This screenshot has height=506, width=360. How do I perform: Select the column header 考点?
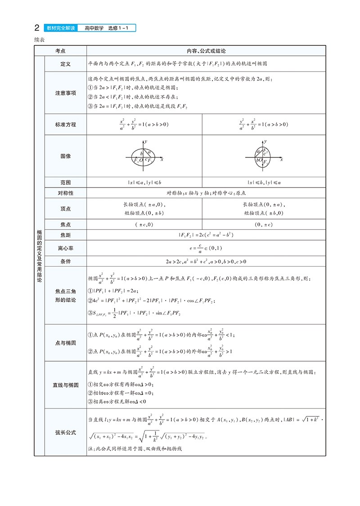[x=61, y=51]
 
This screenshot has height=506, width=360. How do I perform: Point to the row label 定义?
[x=66, y=64]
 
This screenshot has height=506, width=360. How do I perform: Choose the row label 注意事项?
[x=66, y=93]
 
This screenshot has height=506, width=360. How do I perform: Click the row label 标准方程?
[x=66, y=125]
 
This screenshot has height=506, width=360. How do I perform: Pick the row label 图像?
[x=66, y=156]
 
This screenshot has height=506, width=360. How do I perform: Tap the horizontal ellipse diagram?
[x=144, y=157]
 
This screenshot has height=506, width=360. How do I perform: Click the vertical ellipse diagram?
[x=264, y=157]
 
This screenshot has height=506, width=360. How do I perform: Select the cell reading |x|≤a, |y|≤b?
[x=144, y=183]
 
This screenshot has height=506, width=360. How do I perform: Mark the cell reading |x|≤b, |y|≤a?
[x=264, y=183]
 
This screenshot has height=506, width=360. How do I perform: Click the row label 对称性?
[x=66, y=193]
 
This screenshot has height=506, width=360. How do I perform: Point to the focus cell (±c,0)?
[x=144, y=224]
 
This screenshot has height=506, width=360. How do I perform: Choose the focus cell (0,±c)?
[x=264, y=224]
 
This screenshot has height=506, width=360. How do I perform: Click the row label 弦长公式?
[x=66, y=433]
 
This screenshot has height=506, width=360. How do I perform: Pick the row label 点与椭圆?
[x=66, y=343]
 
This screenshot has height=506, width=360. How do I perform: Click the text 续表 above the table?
[x=40, y=39]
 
